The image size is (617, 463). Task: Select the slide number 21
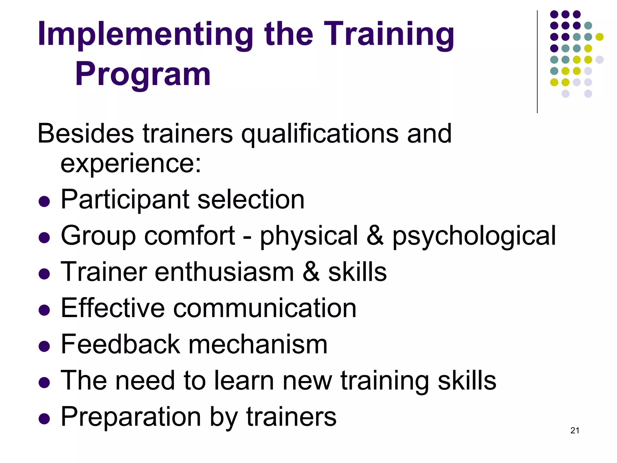pyautogui.click(x=575, y=430)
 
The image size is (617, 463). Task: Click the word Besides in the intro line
pyautogui.click(x=86, y=134)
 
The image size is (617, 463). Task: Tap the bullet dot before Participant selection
pyautogui.click(x=44, y=202)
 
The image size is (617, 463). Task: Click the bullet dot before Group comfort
pyautogui.click(x=44, y=238)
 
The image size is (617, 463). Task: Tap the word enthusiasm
pyautogui.click(x=224, y=272)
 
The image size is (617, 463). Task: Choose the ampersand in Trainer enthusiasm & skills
pyautogui.click(x=311, y=272)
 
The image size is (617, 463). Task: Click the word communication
pyautogui.click(x=265, y=308)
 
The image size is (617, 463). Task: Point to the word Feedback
pyautogui.click(x=121, y=344)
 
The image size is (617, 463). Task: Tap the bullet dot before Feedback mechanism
pyautogui.click(x=44, y=347)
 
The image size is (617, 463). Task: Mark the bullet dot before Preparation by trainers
pyautogui.click(x=44, y=419)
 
